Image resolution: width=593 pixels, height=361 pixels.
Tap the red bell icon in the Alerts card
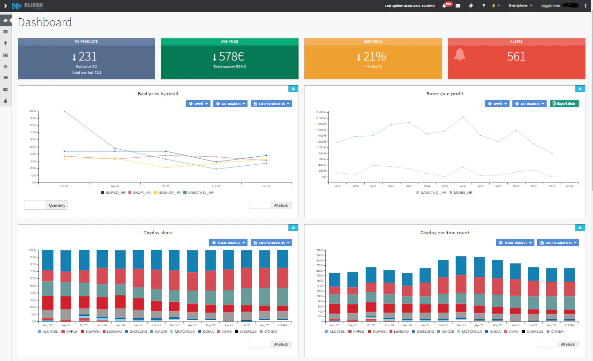[459, 54]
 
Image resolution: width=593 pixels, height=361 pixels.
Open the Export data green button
[564, 103]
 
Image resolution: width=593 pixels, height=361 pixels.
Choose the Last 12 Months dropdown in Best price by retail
[271, 104]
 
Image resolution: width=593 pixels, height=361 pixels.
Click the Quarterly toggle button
[57, 205]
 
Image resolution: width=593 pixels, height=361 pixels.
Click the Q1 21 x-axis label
[165, 186]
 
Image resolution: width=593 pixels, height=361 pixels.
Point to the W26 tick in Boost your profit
[462, 186]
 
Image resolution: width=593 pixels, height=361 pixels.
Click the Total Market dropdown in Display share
[228, 243]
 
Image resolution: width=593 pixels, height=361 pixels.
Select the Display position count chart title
[444, 232]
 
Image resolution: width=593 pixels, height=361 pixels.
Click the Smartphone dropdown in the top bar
[520, 6]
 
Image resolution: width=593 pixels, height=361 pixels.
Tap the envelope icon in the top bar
[458, 6]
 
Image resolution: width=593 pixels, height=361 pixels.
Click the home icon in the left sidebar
[6, 21]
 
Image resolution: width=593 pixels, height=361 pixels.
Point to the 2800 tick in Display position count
[321, 250]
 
